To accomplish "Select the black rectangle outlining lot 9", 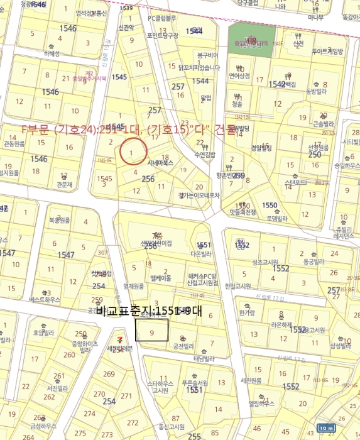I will (152, 330).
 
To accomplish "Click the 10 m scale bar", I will (326, 428).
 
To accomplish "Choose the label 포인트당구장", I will (163, 36).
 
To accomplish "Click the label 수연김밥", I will (205, 154).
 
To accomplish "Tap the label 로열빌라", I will (276, 219).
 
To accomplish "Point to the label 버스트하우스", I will (44, 300).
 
